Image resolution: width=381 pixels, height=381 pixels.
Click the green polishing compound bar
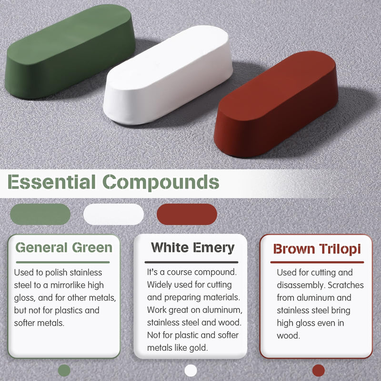(70, 51)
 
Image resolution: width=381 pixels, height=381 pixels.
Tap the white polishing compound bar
(168, 75)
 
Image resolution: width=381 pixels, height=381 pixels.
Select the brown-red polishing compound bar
(276, 103)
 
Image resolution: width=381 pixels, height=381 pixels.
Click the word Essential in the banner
(51, 182)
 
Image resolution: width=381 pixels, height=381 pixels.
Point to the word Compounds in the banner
(161, 183)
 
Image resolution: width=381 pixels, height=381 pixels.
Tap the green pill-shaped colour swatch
(40, 214)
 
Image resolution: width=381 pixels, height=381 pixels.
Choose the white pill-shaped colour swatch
(113, 214)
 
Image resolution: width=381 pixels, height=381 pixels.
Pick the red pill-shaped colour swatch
(187, 214)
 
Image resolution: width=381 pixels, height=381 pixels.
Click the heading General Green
(64, 248)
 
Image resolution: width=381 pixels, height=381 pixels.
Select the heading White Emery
(193, 248)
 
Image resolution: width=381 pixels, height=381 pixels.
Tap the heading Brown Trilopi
(317, 249)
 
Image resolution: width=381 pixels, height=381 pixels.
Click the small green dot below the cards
(64, 371)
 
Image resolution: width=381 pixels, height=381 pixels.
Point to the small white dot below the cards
(191, 371)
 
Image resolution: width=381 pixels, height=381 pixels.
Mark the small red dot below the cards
(319, 371)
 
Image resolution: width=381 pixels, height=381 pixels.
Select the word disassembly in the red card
(301, 285)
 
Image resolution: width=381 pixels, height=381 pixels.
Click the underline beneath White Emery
(191, 262)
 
